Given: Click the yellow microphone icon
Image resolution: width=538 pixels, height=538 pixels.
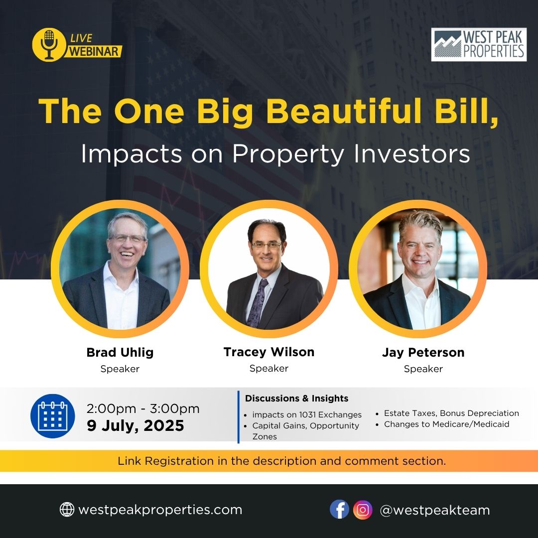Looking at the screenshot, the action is coord(49,45).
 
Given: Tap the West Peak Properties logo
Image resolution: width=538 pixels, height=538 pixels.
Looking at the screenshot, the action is coord(479,45).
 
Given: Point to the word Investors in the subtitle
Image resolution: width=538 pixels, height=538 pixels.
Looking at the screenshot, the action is coord(412,154).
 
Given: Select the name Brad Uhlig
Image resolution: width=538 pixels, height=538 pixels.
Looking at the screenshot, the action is coord(120,352).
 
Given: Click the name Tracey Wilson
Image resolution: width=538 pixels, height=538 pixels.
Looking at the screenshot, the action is coord(269,352).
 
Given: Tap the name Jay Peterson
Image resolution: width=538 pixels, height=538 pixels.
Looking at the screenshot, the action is coord(423,353).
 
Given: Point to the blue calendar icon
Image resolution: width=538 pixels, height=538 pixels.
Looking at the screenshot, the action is coord(52,416).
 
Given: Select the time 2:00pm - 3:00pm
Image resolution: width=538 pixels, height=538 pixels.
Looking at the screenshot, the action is coord(143,408).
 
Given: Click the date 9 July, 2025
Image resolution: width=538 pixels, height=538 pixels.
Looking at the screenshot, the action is coord(135,425).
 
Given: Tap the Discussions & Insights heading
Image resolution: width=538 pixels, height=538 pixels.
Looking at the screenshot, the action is coord(296,399).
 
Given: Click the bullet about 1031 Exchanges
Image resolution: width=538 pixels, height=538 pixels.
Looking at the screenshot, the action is coord(303,415).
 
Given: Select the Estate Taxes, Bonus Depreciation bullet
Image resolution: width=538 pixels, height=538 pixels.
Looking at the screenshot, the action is coord(447,413).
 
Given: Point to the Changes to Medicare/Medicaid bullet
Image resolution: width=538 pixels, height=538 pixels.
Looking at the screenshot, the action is coord(443,424).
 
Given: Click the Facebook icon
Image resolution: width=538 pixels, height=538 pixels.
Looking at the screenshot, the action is coord(339,510).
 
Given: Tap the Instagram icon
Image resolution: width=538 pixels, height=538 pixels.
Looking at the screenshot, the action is coord(363,510).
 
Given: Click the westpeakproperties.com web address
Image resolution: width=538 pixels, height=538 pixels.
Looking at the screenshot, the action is coord(160,510).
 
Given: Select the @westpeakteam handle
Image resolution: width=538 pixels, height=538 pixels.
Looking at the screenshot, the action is coord(435,510).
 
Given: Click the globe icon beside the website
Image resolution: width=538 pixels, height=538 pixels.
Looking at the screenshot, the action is coord(67,510).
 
